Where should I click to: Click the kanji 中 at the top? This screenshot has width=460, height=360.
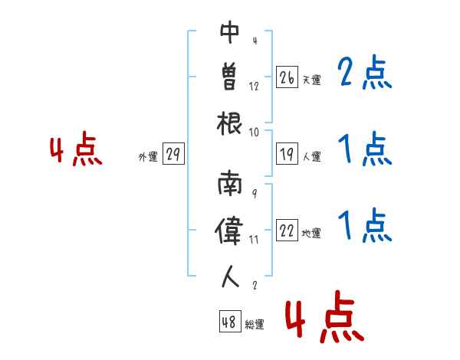click(x=230, y=34)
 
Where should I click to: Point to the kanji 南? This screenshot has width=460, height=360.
click(x=230, y=186)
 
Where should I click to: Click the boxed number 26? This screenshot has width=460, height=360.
click(x=287, y=77)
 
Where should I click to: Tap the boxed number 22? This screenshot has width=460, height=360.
click(x=287, y=231)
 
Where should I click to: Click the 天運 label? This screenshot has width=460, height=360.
click(x=311, y=80)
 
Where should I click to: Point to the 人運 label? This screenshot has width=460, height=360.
click(x=311, y=157)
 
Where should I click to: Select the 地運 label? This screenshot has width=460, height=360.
click(x=311, y=233)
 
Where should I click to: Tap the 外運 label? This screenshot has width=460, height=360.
click(x=147, y=157)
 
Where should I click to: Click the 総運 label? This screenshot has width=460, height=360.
click(x=255, y=324)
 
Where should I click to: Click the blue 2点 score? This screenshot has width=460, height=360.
click(x=365, y=73)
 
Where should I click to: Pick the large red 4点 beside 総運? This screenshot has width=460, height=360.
click(x=324, y=319)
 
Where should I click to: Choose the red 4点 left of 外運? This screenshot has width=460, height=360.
click(x=76, y=151)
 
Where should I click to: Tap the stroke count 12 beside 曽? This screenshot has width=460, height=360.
click(x=254, y=87)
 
